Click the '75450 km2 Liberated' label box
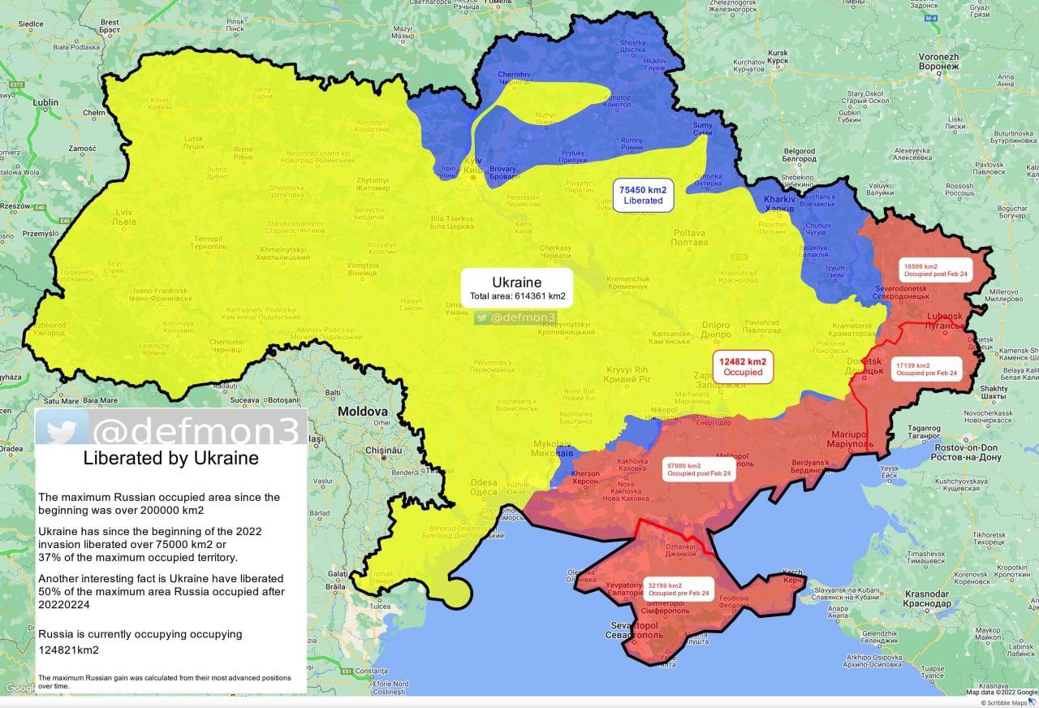click(643, 194)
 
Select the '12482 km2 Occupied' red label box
click(743, 367)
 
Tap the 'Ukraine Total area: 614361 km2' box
click(517, 288)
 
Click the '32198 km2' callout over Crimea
click(679, 589)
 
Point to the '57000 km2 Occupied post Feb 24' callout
click(698, 469)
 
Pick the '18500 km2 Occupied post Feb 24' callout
click(934, 270)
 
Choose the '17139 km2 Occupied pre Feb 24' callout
click(925, 369)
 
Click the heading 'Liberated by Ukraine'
click(170, 459)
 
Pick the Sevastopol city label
click(645, 629)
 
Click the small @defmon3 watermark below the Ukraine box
click(516, 318)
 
